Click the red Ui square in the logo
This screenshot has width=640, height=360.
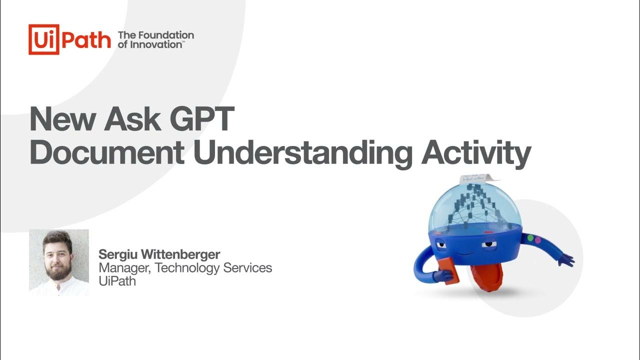pos(44,39)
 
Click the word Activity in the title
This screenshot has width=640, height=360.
pos(475,153)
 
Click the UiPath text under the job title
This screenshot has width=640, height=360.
pos(117,281)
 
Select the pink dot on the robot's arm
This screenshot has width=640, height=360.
pos(538,240)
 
